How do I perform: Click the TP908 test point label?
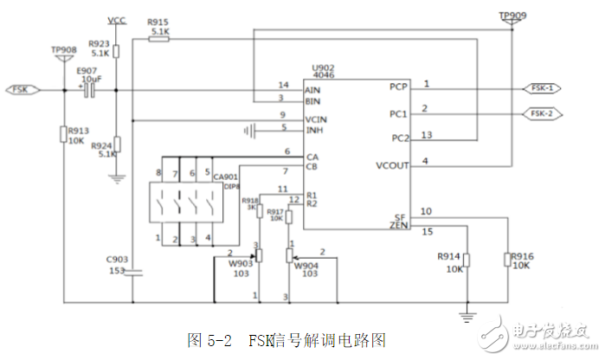click(64, 51)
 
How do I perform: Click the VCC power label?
click(116, 19)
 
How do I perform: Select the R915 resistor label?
click(159, 22)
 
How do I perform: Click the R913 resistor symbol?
click(65, 134)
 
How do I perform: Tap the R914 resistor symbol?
click(467, 260)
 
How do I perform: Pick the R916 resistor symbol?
click(508, 260)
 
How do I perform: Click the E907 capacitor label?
click(87, 71)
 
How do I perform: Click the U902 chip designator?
click(324, 67)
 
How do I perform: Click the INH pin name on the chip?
click(315, 130)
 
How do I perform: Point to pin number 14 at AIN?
click(282, 84)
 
